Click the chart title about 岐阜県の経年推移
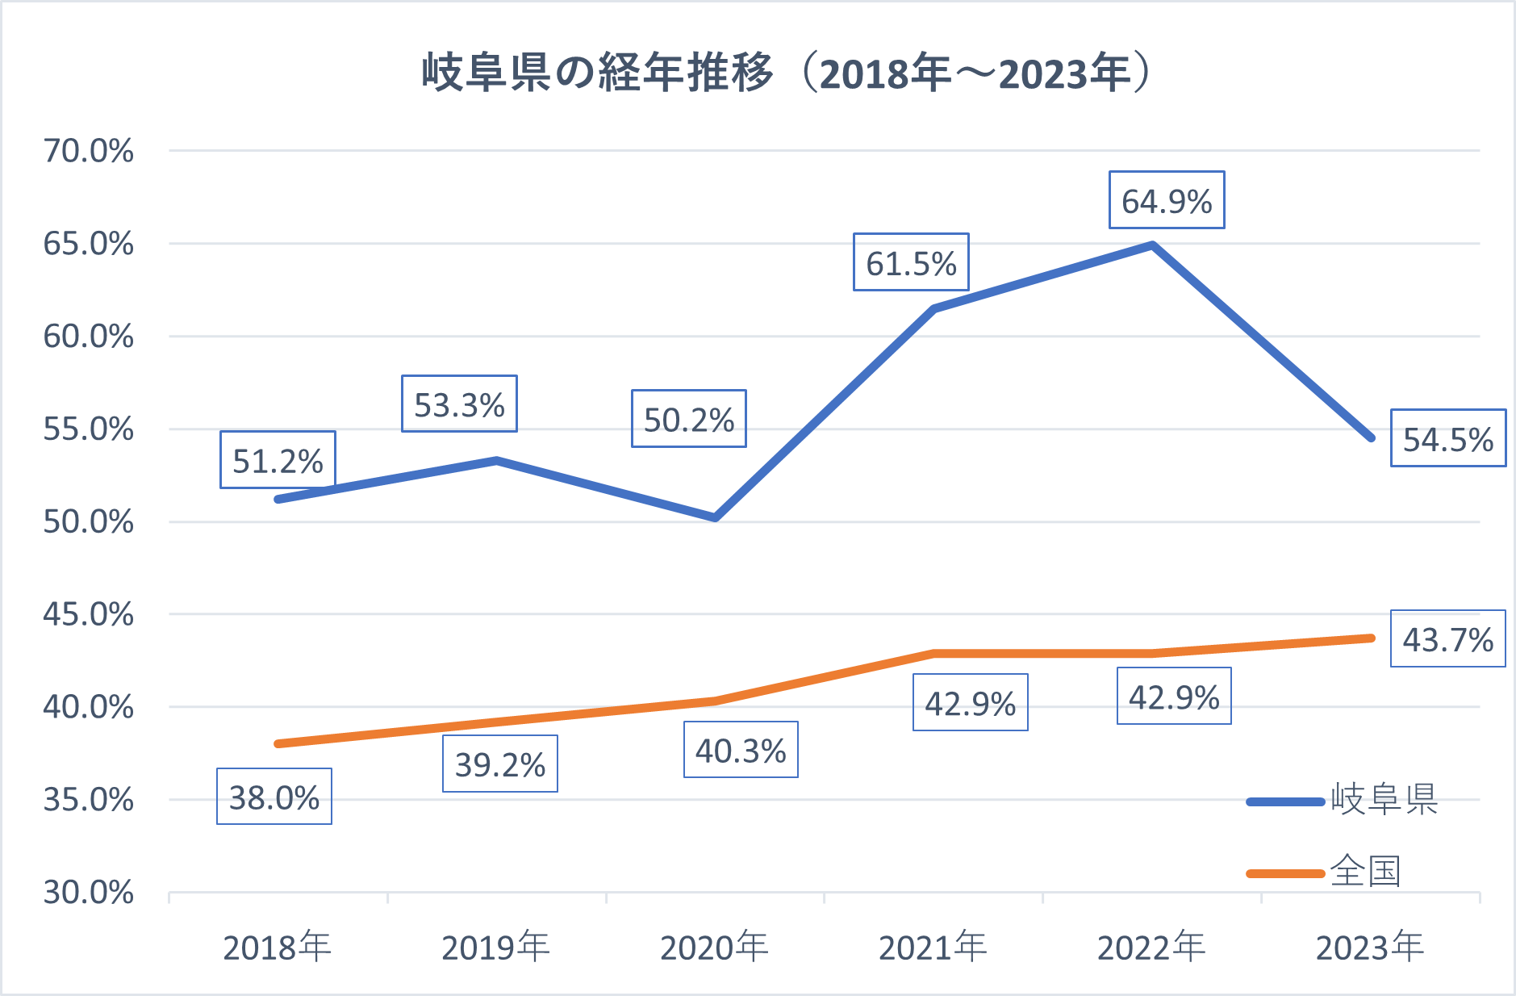(787, 73)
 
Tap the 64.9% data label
(1167, 200)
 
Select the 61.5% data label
(911, 262)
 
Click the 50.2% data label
(689, 419)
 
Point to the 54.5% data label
(1448, 438)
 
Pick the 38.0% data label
(274, 797)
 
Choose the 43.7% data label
(1448, 638)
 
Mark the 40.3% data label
(741, 750)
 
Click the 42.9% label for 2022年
(1174, 696)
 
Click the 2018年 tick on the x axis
(277, 947)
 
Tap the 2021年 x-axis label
(933, 947)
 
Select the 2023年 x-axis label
(1370, 947)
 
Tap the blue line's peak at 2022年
(1153, 245)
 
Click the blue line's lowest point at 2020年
(716, 517)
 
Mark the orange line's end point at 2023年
(1371, 638)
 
